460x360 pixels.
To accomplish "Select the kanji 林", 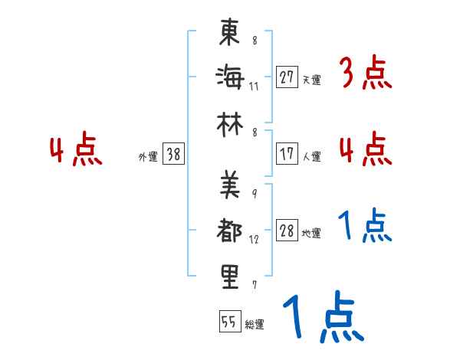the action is point(230,121).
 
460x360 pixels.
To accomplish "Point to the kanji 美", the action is point(230,185).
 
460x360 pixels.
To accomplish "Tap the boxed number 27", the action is point(287,77).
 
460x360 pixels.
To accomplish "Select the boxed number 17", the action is point(287,153).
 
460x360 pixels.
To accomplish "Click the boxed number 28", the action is point(287,231).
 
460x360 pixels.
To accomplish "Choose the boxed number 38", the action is point(173,155).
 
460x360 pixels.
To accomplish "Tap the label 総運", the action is point(255,325).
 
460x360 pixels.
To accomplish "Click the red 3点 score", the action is point(365,74).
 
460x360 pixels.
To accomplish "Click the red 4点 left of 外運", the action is point(76,151).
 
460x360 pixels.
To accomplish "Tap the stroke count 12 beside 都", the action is point(254,239).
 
